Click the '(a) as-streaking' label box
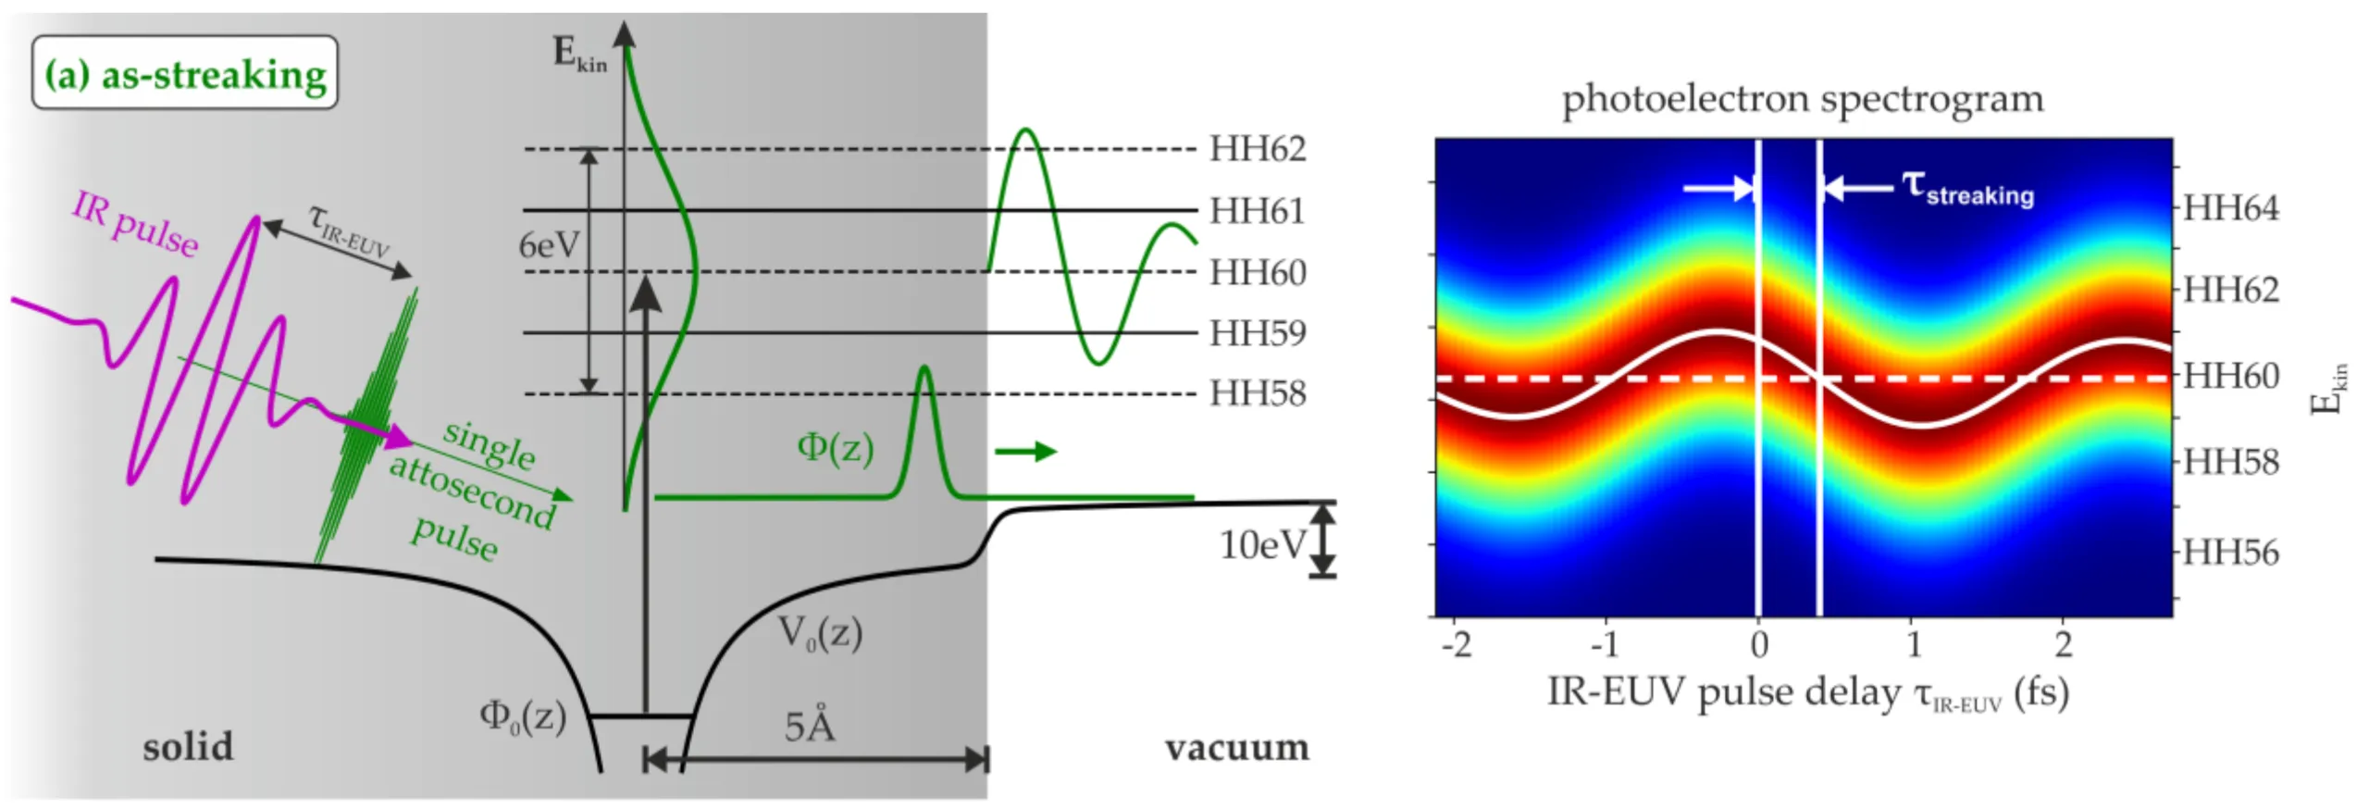(185, 73)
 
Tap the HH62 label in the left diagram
(1258, 149)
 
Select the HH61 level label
(1258, 211)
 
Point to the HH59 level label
(1258, 333)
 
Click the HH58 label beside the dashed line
(1258, 393)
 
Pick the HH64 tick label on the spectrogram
(2231, 208)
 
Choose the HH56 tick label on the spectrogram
(2231, 553)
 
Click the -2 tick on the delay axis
(1457, 644)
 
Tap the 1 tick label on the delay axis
(1914, 644)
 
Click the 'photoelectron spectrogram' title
(1803, 98)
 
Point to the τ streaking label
(1967, 189)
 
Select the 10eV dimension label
(1262, 544)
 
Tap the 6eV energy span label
(549, 245)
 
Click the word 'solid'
(188, 747)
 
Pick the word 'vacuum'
(1237, 747)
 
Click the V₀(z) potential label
(820, 634)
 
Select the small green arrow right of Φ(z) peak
(1025, 452)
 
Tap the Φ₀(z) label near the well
(522, 716)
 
